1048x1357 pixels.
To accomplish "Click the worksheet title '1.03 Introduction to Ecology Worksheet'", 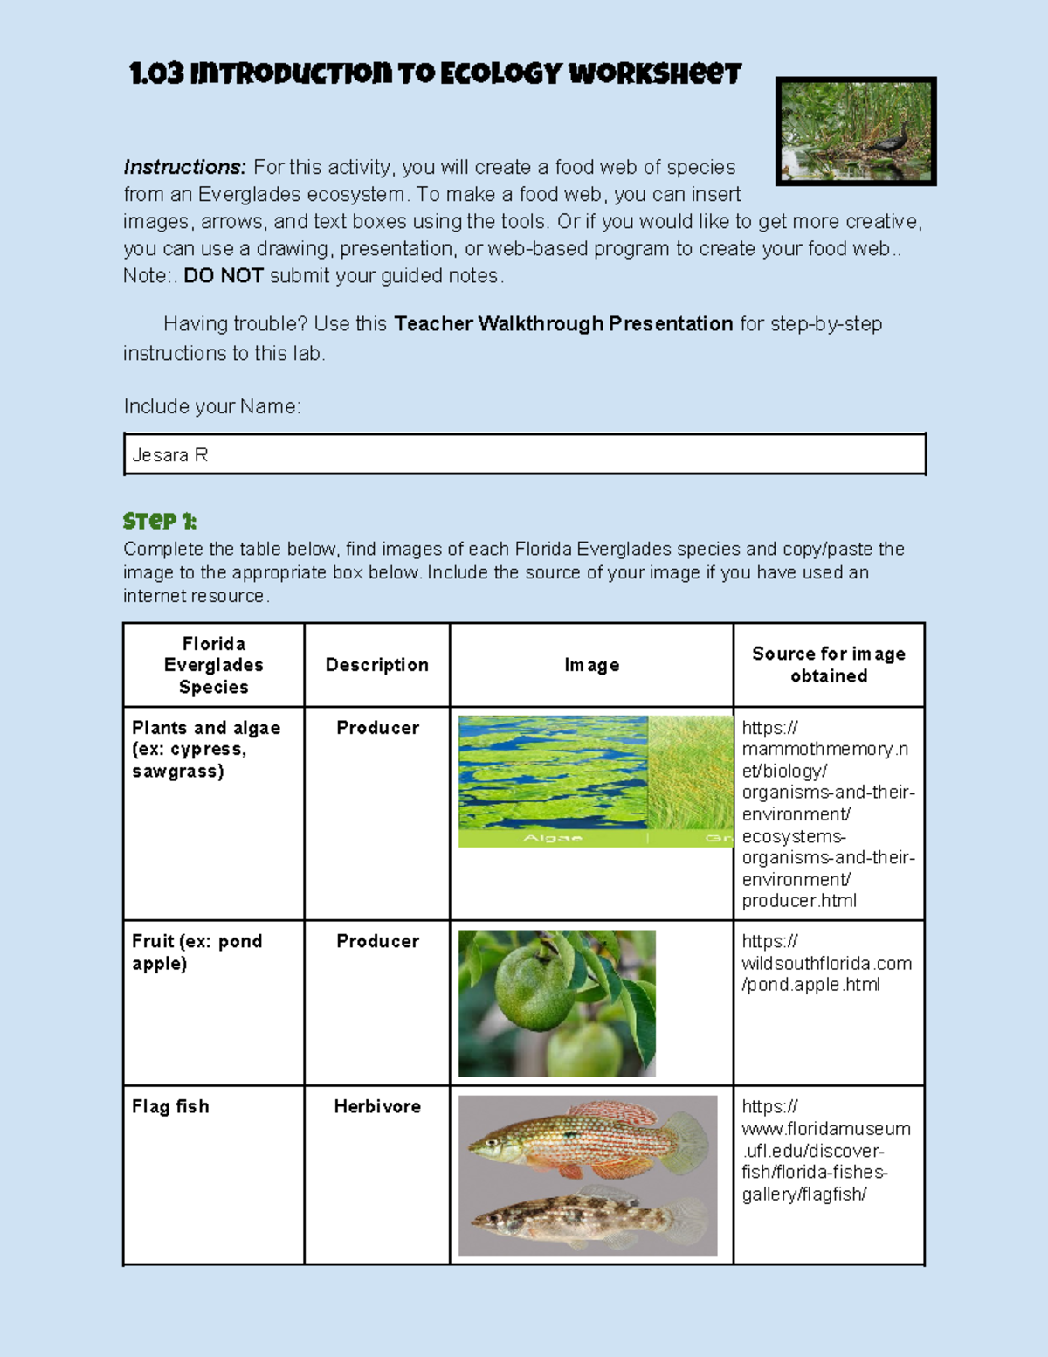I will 435,73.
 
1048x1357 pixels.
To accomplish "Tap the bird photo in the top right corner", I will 856,131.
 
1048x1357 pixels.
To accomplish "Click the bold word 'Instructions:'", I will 184,167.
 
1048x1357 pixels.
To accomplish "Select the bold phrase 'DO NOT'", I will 224,276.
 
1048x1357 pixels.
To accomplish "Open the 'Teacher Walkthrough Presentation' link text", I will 563,324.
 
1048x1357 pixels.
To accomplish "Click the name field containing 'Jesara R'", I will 524,454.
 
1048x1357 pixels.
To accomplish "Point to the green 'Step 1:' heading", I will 160,522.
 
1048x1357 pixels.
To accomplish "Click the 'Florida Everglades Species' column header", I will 213,665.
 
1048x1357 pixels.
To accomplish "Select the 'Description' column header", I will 376,665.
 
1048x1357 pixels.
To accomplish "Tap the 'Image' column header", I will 591,665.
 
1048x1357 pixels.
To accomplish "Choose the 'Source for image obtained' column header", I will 828,665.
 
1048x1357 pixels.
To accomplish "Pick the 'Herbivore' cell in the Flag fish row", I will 377,1106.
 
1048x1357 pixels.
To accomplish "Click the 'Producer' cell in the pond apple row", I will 377,941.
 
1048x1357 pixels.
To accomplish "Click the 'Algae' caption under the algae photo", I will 552,839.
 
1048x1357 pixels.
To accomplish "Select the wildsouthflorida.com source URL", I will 826,963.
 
